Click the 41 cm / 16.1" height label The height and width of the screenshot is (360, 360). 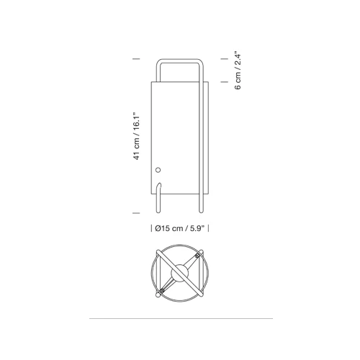pyautogui.click(x=136, y=136)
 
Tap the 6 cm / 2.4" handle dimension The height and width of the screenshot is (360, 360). pyautogui.click(x=238, y=70)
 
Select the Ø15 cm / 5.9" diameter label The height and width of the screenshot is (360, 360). pyautogui.click(x=179, y=228)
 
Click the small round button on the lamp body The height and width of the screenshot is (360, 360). pyautogui.click(x=158, y=170)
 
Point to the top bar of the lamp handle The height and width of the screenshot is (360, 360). pyautogui.click(x=180, y=60)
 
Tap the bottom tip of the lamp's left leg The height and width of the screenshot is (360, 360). pyautogui.click(x=158, y=212)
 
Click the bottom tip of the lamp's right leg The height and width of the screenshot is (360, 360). pyautogui.click(x=201, y=212)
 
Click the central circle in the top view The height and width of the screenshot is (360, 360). pyautogui.click(x=180, y=273)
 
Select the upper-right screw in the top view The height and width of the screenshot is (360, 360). pyautogui.click(x=197, y=256)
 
